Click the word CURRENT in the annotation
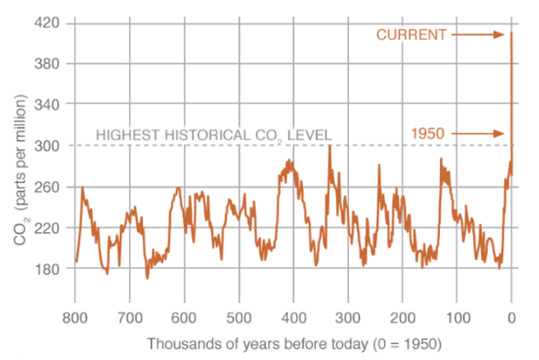(411, 35)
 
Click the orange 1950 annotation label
(428, 134)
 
